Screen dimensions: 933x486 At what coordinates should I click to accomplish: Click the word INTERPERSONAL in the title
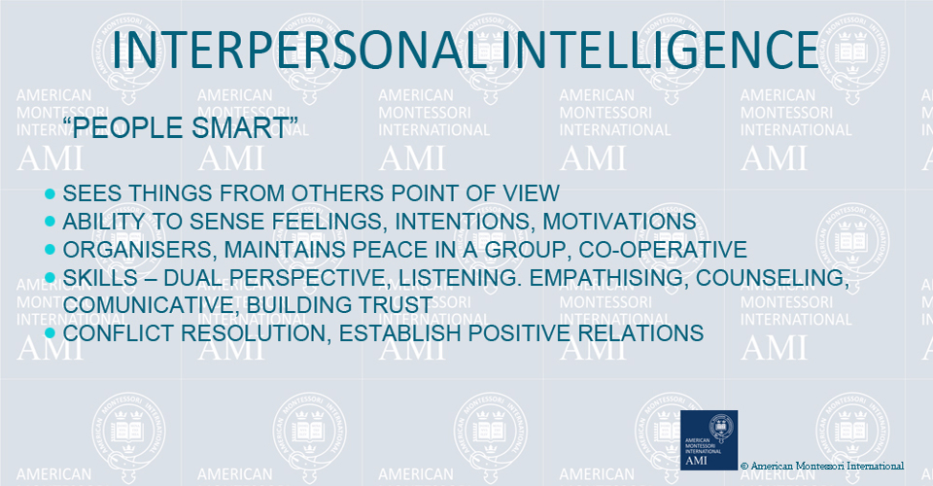(296, 50)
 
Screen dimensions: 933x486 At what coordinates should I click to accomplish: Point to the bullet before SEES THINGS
(50, 193)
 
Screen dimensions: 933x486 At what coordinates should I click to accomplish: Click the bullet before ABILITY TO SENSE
(50, 222)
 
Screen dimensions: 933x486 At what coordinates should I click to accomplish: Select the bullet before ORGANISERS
(50, 249)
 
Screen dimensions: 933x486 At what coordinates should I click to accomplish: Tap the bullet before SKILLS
(50, 277)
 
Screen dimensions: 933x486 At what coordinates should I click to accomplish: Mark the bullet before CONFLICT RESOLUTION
(50, 332)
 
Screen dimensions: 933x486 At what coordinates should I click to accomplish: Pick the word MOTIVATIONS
(619, 222)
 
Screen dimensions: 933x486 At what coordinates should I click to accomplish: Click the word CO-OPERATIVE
(663, 249)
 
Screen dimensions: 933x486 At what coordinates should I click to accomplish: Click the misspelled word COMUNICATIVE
(152, 305)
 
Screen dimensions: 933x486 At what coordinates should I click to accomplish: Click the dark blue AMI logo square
(708, 440)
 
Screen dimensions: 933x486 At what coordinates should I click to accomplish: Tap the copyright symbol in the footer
(743, 467)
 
